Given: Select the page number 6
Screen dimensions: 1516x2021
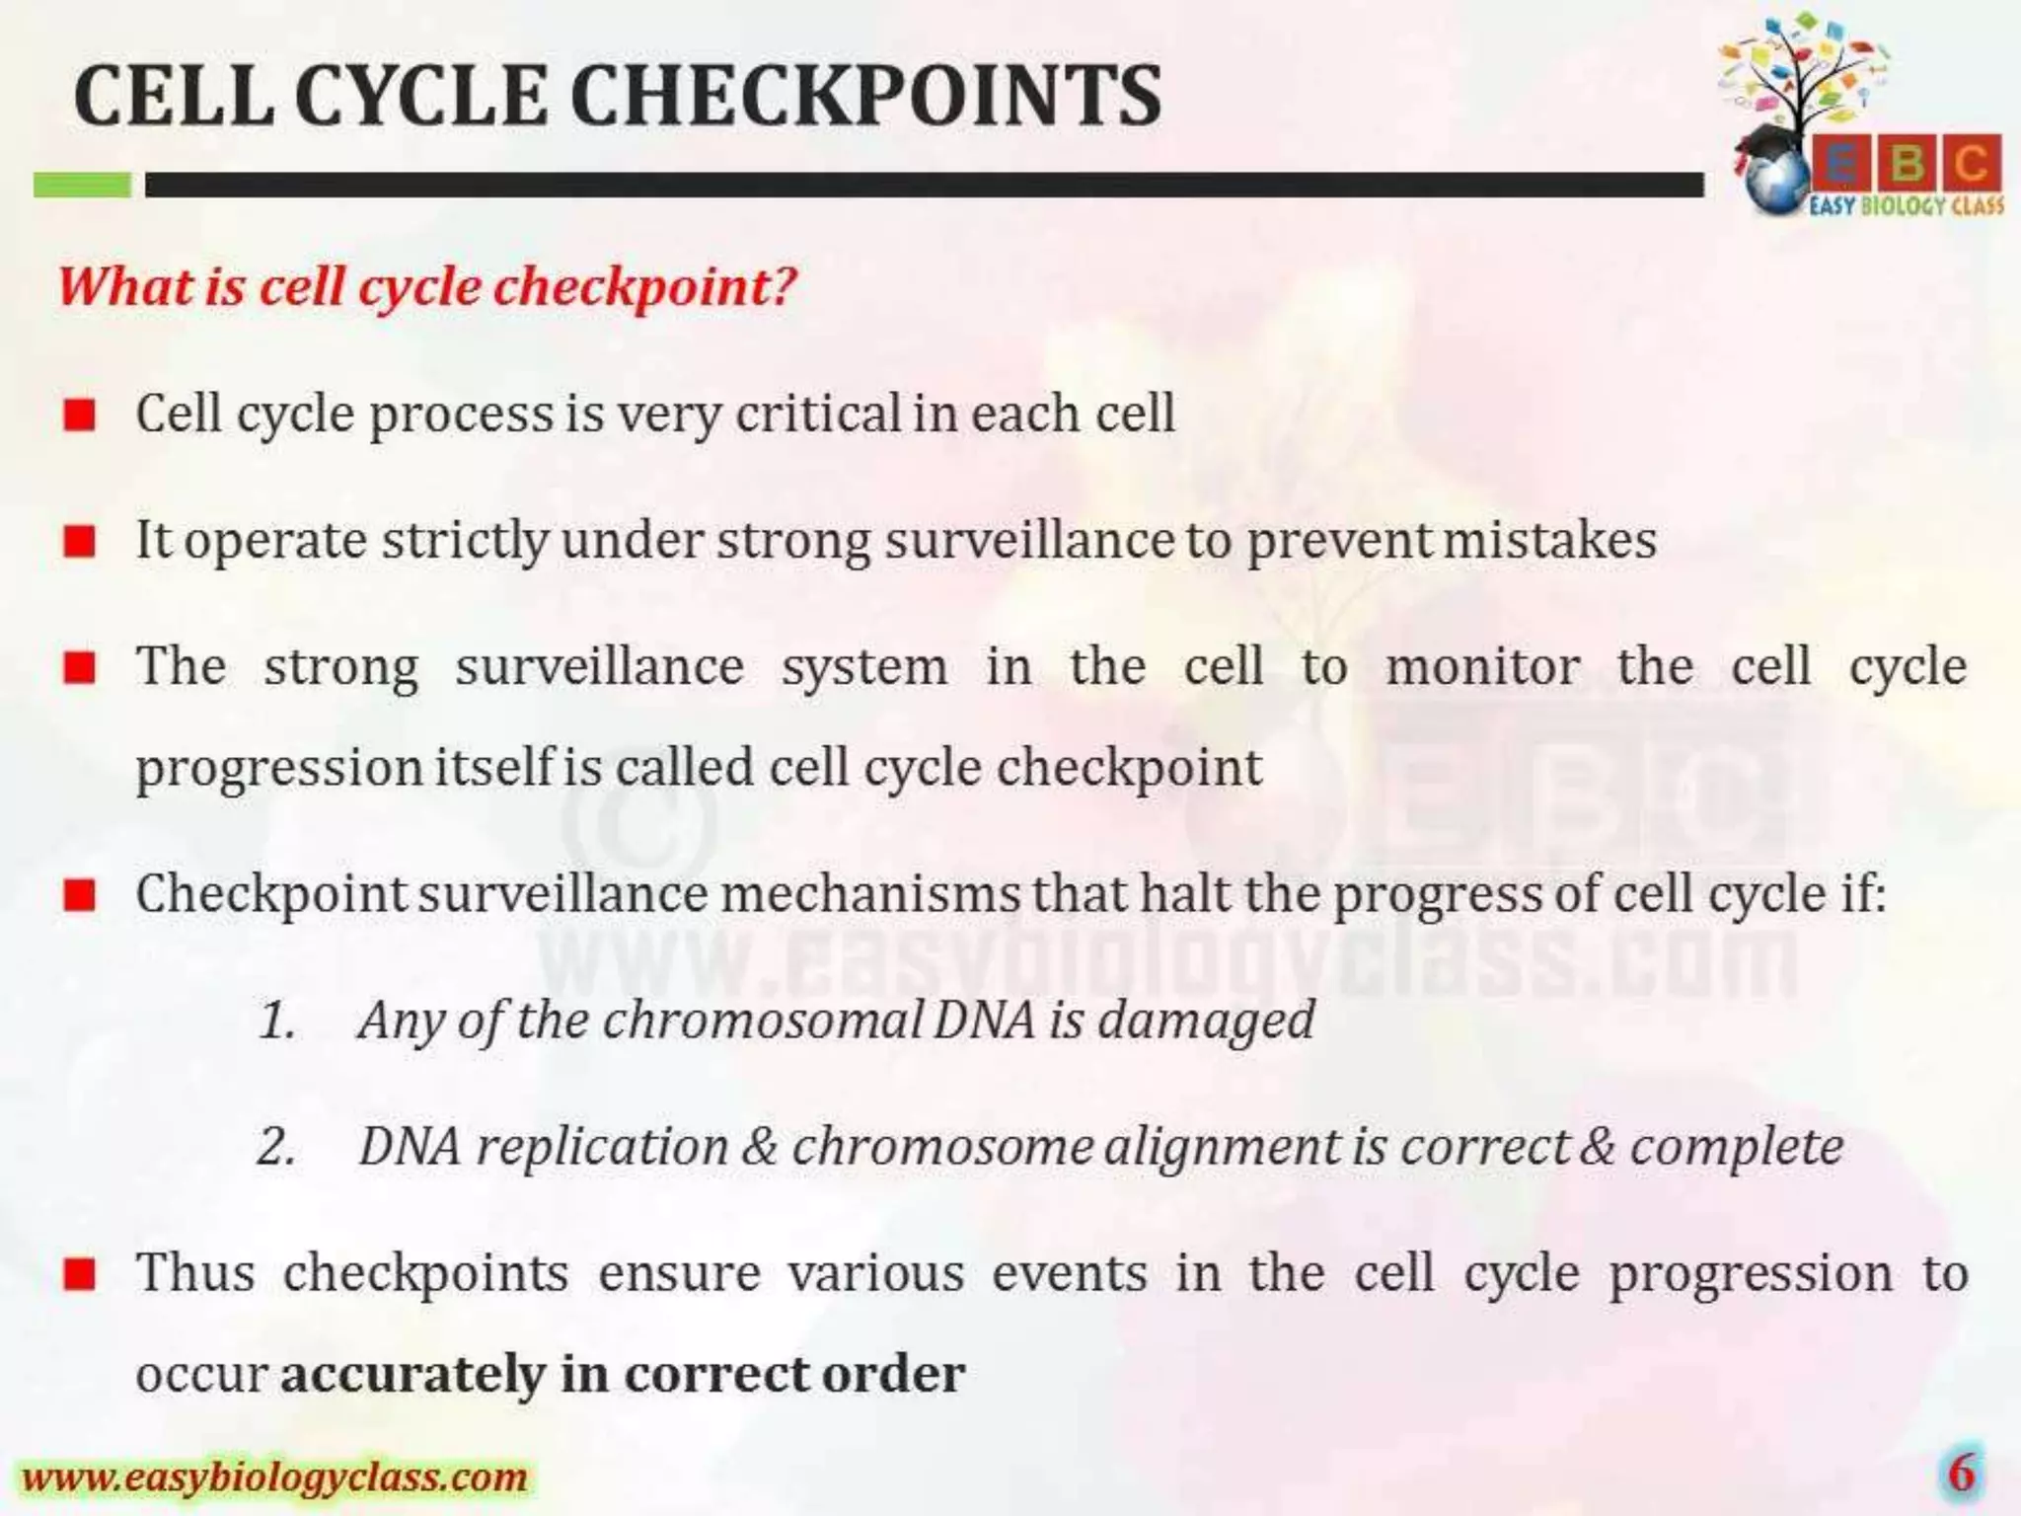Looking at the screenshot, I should (x=1962, y=1474).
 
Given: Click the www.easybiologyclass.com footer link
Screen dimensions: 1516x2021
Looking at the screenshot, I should (x=274, y=1478).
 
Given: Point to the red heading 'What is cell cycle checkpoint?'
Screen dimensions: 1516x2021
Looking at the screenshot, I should (x=426, y=287).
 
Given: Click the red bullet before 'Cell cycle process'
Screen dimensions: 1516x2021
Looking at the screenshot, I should (x=79, y=416).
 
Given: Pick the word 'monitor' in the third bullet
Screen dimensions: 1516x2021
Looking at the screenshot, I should (x=1481, y=666).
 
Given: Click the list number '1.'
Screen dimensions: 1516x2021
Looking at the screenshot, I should (x=277, y=1021).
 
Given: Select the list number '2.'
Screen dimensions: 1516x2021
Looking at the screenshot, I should (x=276, y=1147).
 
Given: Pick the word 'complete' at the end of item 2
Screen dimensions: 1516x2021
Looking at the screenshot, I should (x=1736, y=1147).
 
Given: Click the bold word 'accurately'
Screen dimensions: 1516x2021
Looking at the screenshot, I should (x=412, y=1374).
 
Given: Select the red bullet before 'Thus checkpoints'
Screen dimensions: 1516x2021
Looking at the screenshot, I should (x=79, y=1274).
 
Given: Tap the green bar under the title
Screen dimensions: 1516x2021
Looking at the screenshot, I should (x=82, y=185).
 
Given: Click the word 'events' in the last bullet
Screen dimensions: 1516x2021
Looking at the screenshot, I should (x=1069, y=1273).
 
